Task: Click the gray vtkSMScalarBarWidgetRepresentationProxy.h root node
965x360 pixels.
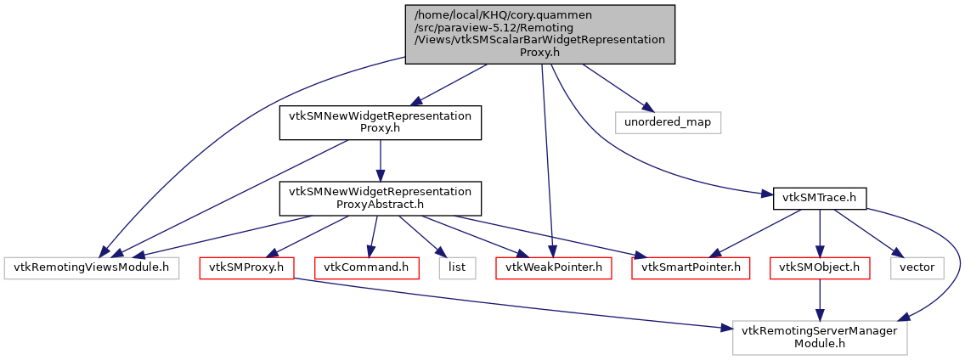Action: (539, 34)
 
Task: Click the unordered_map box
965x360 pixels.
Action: (668, 122)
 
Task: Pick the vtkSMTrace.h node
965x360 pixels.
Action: (819, 198)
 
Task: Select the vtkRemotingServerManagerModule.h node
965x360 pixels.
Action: (820, 337)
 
